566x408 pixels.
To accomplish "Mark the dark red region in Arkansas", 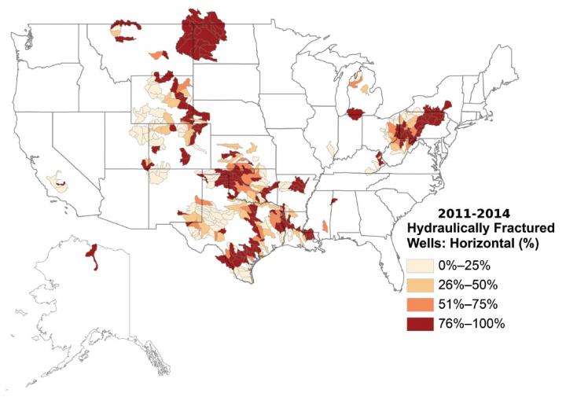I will [297, 186].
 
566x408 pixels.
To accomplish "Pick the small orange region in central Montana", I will [159, 54].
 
